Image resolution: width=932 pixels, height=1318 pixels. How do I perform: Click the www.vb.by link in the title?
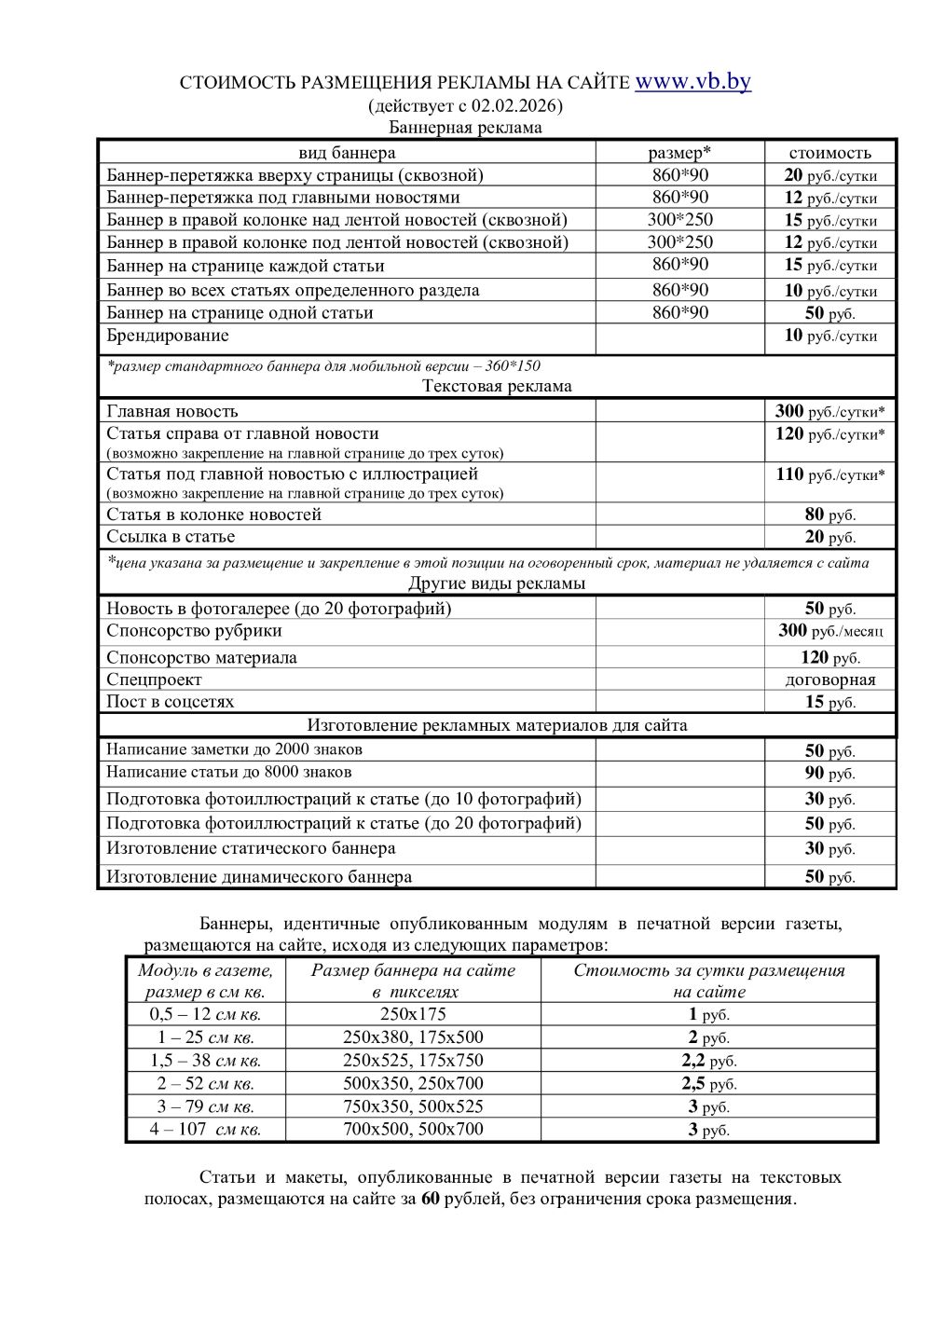click(692, 82)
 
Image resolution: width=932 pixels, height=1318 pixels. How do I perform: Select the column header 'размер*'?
click(679, 153)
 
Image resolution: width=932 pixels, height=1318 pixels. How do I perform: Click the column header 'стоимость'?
click(829, 153)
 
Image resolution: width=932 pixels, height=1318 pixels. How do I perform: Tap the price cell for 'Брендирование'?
click(829, 336)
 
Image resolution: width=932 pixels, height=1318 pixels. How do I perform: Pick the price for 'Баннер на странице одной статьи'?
click(829, 313)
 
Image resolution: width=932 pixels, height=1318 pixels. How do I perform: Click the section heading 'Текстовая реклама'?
click(497, 386)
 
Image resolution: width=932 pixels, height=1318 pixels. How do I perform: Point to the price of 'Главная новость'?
click(829, 411)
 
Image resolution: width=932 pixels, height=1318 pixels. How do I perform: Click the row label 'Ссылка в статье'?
click(171, 537)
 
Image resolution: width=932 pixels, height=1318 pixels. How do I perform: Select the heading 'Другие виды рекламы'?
click(497, 583)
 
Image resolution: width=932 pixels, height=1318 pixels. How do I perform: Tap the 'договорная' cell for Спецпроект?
click(829, 680)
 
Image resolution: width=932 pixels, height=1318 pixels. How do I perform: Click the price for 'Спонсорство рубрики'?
click(829, 631)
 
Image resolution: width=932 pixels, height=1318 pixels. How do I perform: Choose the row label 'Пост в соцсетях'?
click(171, 702)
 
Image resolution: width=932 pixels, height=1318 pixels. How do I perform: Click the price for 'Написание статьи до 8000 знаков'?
click(829, 774)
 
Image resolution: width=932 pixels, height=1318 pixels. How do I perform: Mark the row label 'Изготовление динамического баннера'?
click(259, 877)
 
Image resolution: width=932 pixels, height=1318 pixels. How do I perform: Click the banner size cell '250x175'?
click(413, 1014)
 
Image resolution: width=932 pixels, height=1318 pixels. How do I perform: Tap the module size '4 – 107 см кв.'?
click(205, 1130)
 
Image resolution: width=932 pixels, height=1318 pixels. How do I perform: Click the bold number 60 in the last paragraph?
click(430, 1200)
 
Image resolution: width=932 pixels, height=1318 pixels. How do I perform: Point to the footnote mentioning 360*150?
click(323, 366)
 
